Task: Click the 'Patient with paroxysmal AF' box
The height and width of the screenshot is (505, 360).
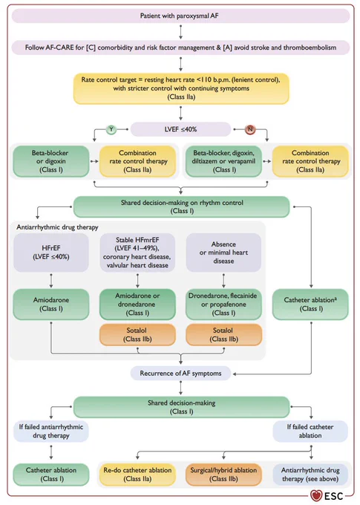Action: (x=180, y=16)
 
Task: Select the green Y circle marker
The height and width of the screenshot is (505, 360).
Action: (x=111, y=129)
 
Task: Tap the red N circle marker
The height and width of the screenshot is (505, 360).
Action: (x=250, y=129)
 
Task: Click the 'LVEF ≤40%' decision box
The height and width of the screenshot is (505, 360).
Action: (x=180, y=129)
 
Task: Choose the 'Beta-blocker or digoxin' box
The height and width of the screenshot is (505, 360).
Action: (x=51, y=161)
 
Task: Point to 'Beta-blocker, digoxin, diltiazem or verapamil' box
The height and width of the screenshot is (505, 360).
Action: (x=223, y=161)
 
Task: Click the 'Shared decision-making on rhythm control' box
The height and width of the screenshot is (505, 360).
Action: (x=182, y=206)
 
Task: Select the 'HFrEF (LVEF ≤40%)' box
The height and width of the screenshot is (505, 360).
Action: (x=51, y=252)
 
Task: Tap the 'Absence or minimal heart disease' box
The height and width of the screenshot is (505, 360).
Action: (x=223, y=252)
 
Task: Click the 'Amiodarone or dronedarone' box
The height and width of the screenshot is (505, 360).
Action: (x=137, y=304)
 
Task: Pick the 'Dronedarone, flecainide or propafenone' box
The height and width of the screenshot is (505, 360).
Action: (x=223, y=304)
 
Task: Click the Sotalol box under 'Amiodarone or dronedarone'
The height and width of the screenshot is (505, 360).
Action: (x=137, y=335)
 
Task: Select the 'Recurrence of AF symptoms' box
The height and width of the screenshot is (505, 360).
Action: (x=180, y=374)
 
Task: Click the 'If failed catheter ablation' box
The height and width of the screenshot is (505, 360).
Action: (x=310, y=431)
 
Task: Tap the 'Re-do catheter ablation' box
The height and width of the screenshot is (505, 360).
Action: (x=137, y=475)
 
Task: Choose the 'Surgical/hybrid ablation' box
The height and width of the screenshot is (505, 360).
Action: (x=223, y=475)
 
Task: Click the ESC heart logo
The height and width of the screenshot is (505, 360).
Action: (x=316, y=495)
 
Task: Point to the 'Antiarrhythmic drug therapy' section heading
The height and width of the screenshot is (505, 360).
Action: (x=57, y=227)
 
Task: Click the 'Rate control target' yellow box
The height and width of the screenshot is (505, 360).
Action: (x=181, y=88)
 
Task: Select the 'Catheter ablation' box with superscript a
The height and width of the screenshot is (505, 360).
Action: (x=310, y=304)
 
